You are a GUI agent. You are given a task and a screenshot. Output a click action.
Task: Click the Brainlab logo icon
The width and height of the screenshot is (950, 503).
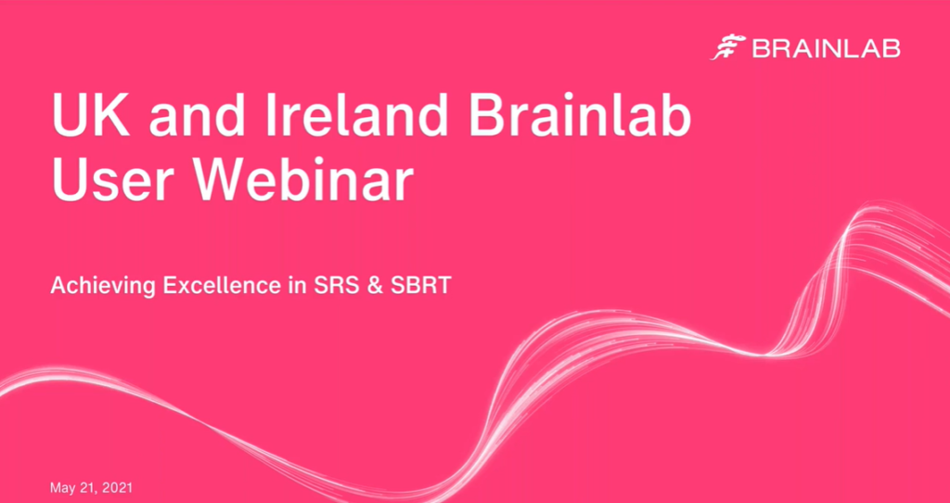coord(727,49)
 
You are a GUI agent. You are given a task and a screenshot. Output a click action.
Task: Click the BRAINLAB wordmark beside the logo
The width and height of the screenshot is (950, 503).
coord(827,49)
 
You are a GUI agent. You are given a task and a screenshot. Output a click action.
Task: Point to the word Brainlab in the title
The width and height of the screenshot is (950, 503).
coord(580,115)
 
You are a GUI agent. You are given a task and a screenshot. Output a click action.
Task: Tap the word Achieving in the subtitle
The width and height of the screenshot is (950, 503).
coord(102,285)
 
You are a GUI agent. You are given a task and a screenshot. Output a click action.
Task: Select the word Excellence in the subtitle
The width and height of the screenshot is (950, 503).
coord(222,285)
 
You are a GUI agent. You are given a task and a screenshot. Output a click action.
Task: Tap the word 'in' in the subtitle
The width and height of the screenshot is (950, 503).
coord(297,285)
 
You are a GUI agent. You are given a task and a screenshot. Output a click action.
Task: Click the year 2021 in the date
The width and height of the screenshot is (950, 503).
coord(118,487)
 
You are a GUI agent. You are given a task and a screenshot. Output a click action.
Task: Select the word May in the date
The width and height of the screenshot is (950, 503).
coord(62,488)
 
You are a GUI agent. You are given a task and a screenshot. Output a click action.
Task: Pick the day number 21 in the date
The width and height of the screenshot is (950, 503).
coord(89,488)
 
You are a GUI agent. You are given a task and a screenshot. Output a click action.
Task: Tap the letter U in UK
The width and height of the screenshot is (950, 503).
coord(71,116)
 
